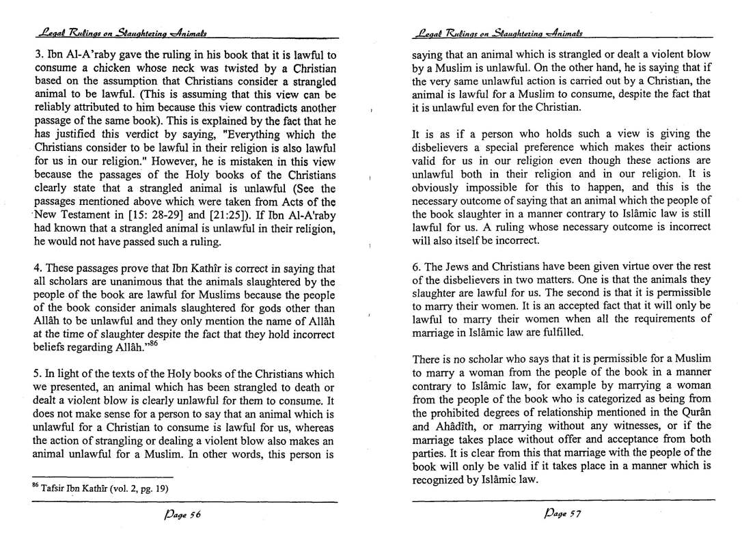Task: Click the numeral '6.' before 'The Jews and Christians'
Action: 417,266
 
